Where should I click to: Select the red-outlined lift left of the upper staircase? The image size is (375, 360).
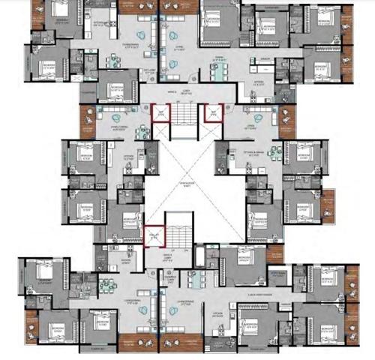click(x=159, y=114)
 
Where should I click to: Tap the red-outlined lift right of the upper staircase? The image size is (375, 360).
click(x=212, y=114)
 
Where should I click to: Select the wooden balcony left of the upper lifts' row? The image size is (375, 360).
click(x=89, y=118)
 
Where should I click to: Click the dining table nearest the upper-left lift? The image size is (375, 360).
click(x=141, y=129)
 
